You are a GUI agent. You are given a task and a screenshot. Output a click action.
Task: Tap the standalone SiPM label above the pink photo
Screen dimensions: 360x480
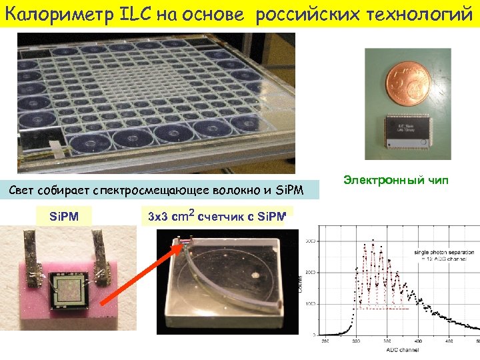(64, 216)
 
